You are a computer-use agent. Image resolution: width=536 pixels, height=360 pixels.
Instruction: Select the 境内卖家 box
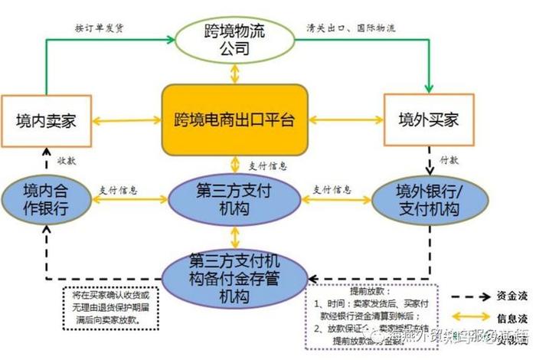click(47, 120)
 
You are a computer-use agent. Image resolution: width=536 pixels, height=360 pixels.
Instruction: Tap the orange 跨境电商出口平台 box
click(234, 119)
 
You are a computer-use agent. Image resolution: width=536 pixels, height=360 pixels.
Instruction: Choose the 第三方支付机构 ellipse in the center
click(234, 198)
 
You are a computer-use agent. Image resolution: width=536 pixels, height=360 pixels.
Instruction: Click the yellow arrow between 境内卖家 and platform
click(127, 119)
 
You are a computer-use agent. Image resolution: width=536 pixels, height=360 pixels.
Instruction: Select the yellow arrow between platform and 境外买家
click(345, 119)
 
